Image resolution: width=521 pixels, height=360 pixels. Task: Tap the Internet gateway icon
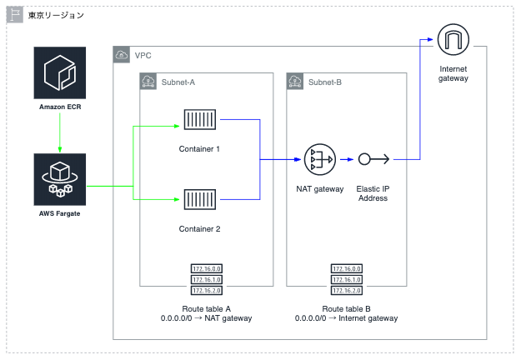(453, 40)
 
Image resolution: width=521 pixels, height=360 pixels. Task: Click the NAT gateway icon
(319, 159)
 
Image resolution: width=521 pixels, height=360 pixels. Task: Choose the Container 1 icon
(200, 121)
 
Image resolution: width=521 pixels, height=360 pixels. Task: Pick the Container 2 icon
(200, 200)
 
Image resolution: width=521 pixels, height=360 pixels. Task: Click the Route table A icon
(207, 279)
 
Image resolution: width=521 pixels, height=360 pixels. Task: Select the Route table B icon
(346, 279)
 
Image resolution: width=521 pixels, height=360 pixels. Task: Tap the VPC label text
(143, 56)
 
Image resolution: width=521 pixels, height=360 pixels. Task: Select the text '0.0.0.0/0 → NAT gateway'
(207, 318)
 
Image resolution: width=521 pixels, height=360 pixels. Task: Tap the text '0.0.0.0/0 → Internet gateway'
(346, 318)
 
